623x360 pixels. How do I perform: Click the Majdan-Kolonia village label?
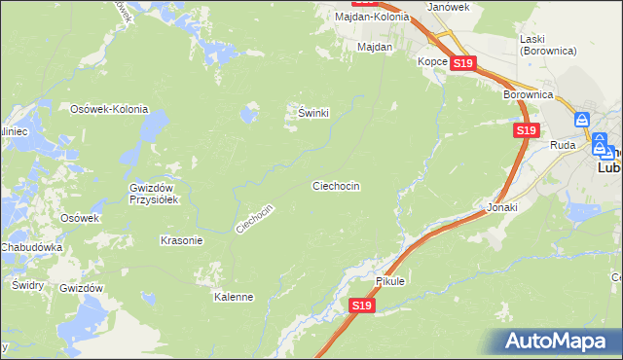371,17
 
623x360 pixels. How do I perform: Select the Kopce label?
433,61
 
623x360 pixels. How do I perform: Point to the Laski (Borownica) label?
547,44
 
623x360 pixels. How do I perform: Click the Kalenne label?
234,298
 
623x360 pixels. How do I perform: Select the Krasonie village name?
181,240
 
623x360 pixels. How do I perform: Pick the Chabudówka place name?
31,248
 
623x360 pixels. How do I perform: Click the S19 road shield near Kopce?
463,64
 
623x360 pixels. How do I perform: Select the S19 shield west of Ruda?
526,130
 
